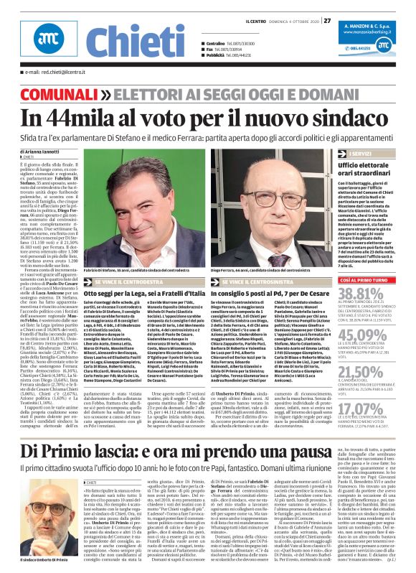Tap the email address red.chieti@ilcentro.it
point(51,73)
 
